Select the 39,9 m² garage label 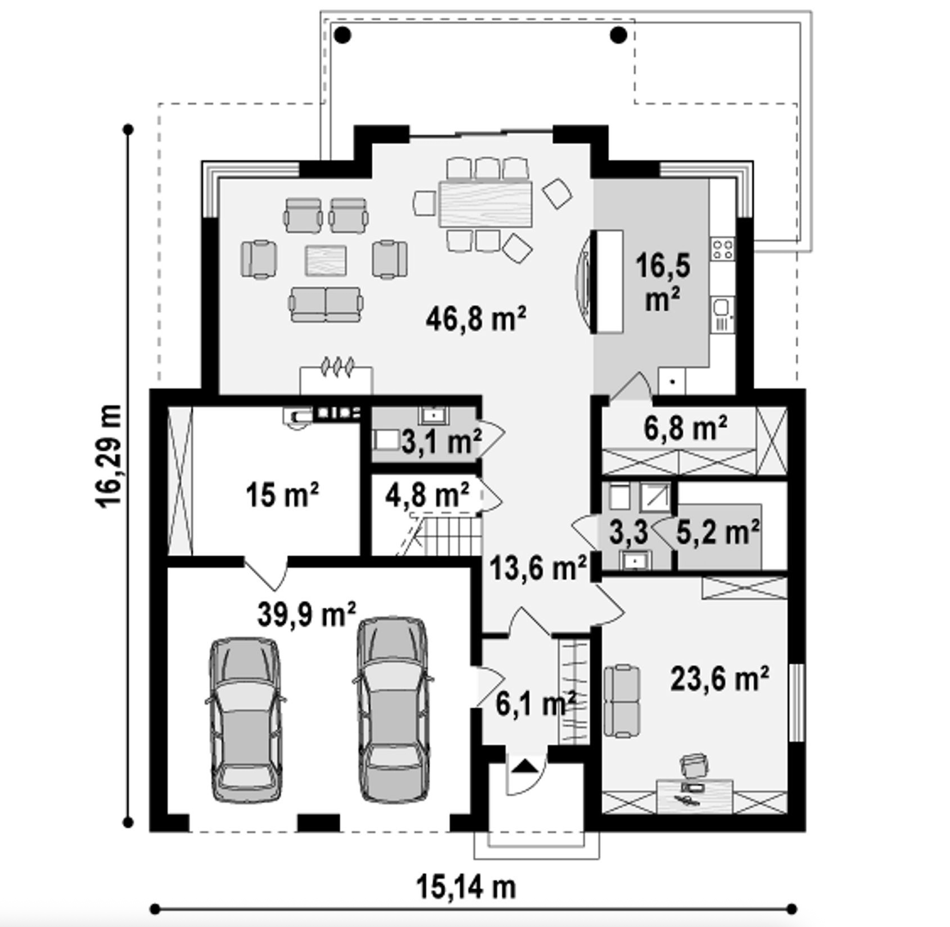click(307, 614)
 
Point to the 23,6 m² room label click(719, 679)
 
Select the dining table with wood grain click(485, 203)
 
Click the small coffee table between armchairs click(326, 261)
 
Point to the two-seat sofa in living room click(326, 304)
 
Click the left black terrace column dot click(342, 35)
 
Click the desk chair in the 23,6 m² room click(693, 764)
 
